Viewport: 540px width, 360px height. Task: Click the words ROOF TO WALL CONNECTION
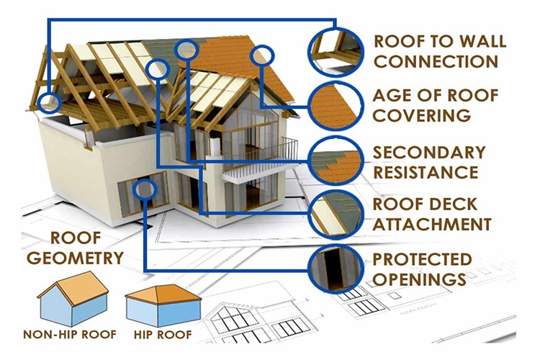click(x=439, y=50)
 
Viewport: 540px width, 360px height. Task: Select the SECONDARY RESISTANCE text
click(x=428, y=162)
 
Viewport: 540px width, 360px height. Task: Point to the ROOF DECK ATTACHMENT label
click(x=432, y=215)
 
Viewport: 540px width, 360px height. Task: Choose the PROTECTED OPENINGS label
click(x=422, y=268)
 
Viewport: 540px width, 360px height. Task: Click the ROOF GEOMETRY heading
click(x=85, y=248)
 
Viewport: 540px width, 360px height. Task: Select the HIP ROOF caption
click(x=163, y=335)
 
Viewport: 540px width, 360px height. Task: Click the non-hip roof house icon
click(x=72, y=298)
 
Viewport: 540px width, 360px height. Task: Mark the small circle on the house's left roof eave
click(x=50, y=102)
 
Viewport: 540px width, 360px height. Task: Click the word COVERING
click(x=422, y=115)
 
